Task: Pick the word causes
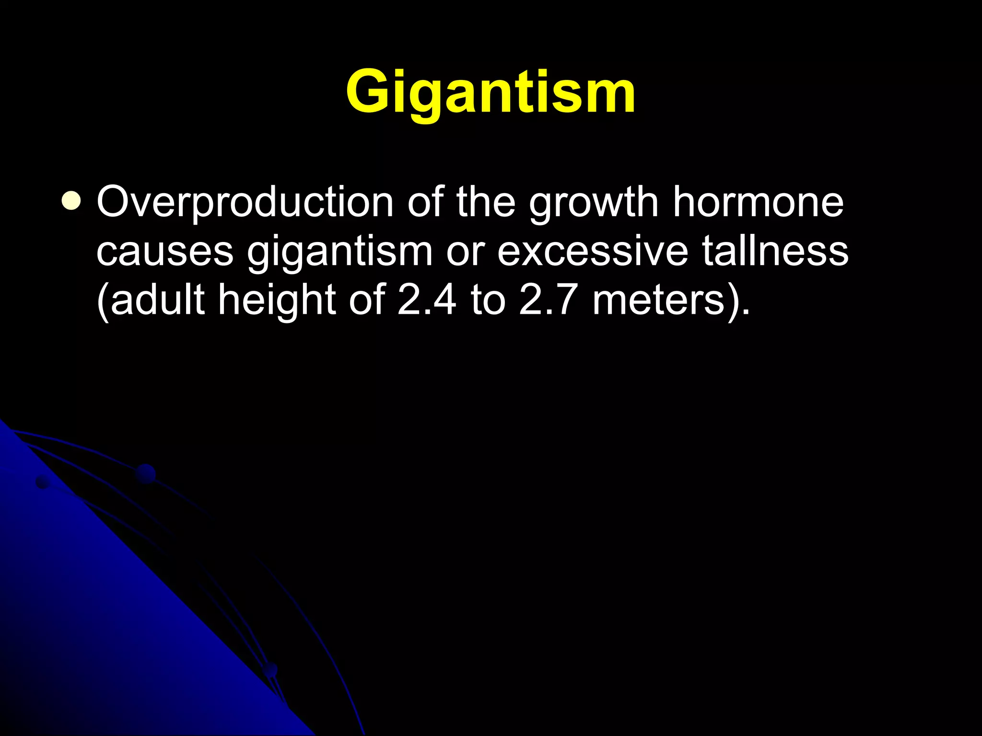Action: pyautogui.click(x=165, y=252)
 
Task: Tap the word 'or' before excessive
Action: pyautogui.click(x=465, y=252)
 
